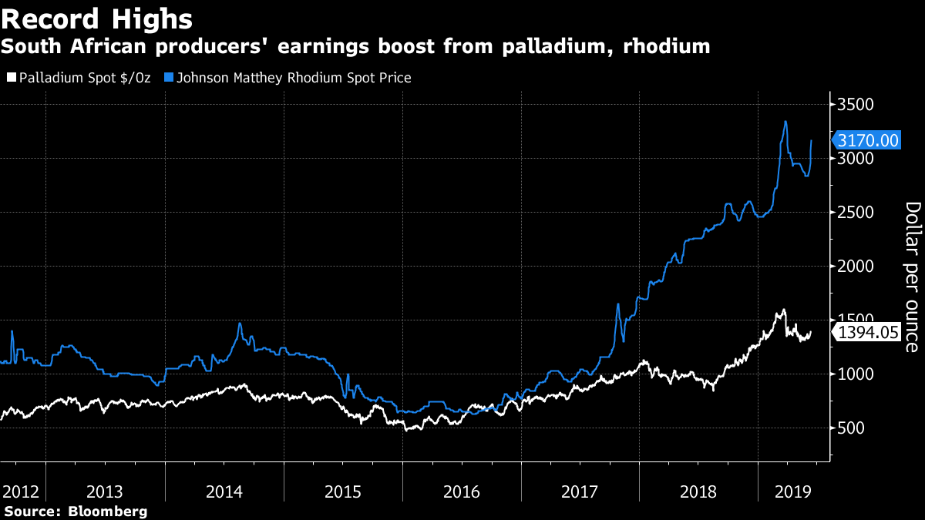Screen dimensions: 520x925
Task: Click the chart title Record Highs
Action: coord(97,18)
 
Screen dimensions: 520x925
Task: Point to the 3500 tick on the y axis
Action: coord(855,105)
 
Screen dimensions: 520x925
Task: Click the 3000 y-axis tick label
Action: coord(855,159)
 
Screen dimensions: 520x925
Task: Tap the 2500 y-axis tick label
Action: coord(855,213)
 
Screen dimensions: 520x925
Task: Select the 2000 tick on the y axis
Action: coord(855,267)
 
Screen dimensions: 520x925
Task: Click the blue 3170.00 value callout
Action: coord(868,140)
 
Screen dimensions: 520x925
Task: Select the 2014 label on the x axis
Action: coord(224,491)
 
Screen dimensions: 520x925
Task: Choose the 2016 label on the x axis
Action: coord(462,491)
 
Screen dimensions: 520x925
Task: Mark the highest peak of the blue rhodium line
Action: coord(785,122)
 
